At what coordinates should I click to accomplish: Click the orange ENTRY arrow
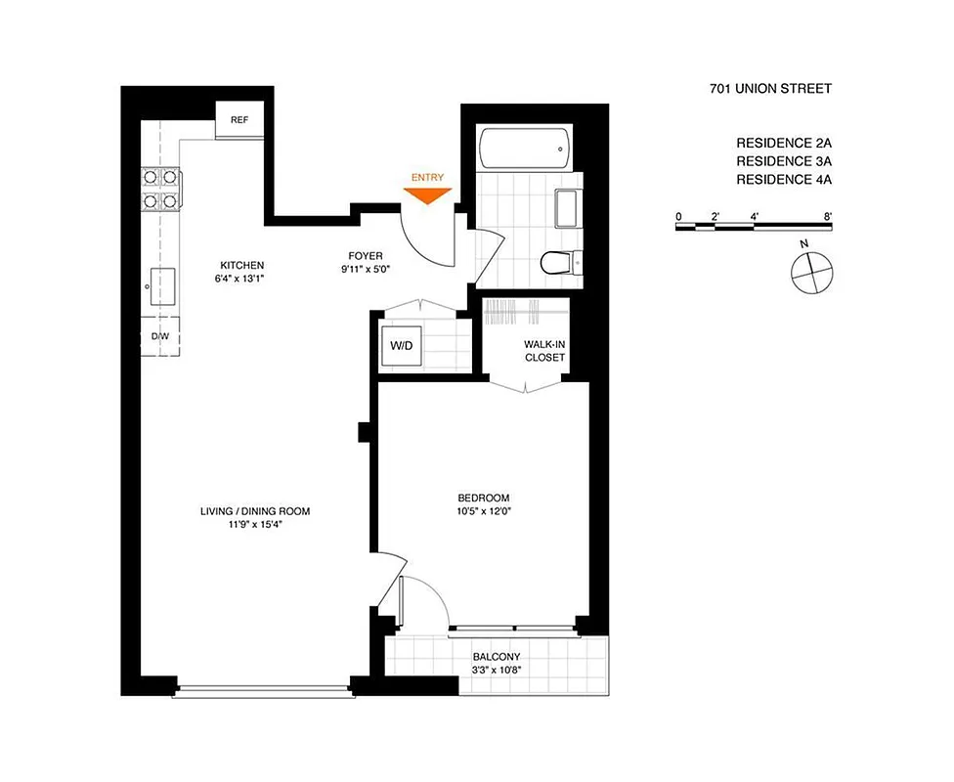pos(427,195)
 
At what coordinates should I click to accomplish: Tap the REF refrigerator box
pos(238,120)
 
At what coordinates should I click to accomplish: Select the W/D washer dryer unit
pos(402,345)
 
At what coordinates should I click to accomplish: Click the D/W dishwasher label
pos(159,336)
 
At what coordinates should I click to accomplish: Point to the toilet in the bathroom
pos(557,263)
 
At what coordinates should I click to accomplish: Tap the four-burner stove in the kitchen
pos(161,189)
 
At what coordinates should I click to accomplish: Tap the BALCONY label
pos(497,657)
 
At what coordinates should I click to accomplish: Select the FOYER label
pos(366,256)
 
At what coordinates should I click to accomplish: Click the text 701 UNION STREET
pos(770,89)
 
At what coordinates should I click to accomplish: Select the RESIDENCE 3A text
pos(784,159)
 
